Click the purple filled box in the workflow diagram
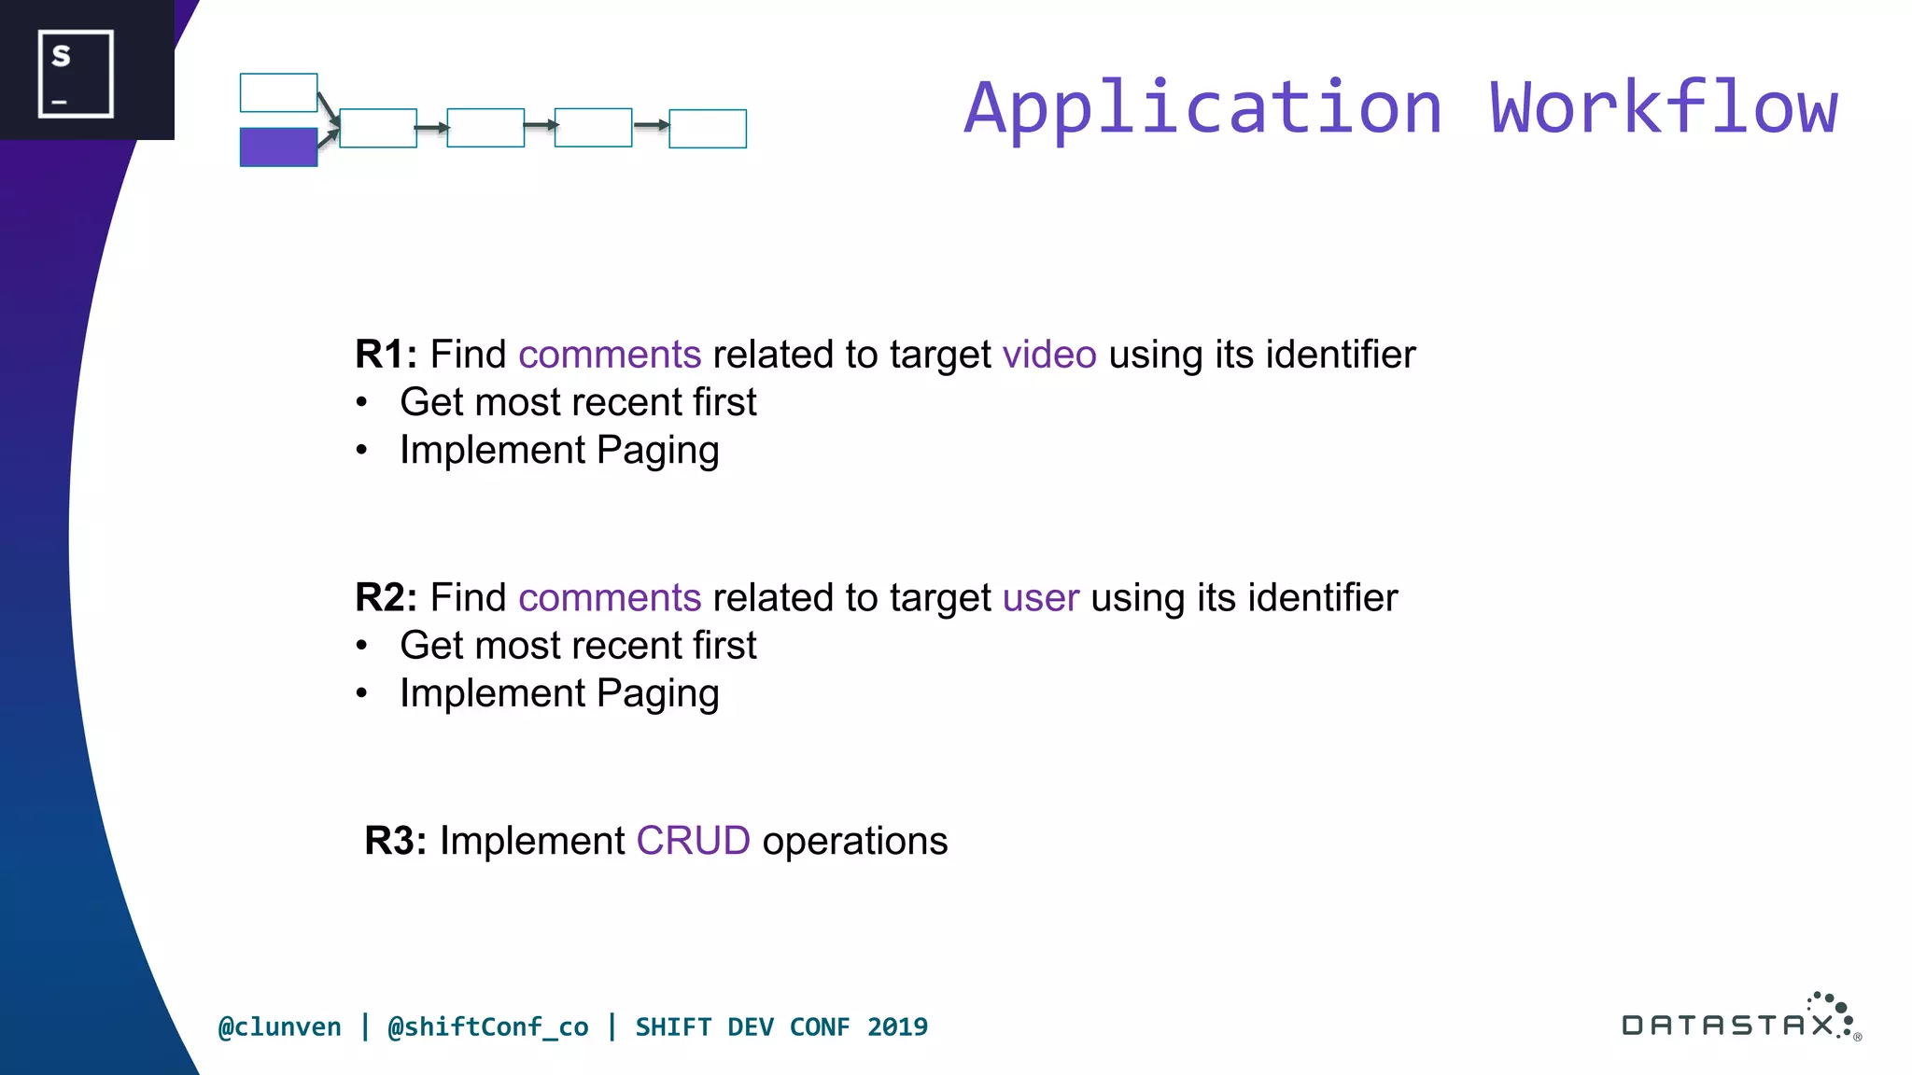(x=278, y=147)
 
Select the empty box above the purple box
(x=278, y=92)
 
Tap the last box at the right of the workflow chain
(x=708, y=129)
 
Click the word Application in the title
(x=1203, y=108)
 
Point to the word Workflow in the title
(x=1664, y=108)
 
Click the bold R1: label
(x=386, y=355)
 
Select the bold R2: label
(x=386, y=598)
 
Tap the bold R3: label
(x=395, y=841)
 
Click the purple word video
(x=1049, y=355)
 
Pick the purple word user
(x=1041, y=598)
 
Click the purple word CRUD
(x=693, y=841)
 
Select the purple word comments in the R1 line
(x=610, y=355)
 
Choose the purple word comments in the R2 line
(x=610, y=598)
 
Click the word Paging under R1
(x=657, y=451)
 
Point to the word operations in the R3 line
(x=854, y=841)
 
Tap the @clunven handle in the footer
(x=280, y=1026)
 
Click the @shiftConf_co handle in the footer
(x=488, y=1026)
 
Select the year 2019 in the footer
(x=897, y=1026)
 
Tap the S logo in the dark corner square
(x=76, y=74)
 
